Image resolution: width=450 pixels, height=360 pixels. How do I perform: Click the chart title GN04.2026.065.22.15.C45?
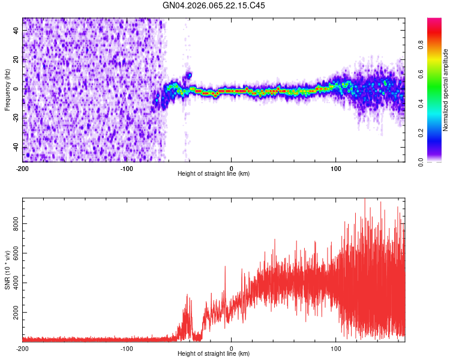click(214, 5)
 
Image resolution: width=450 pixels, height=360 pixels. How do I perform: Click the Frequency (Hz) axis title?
click(7, 90)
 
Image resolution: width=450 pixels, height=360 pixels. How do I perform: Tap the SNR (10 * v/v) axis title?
click(7, 269)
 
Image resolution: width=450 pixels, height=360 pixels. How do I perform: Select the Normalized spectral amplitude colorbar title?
click(446, 90)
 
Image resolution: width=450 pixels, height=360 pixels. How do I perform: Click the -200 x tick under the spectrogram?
click(23, 168)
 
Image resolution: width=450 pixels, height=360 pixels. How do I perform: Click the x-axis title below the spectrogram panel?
click(214, 174)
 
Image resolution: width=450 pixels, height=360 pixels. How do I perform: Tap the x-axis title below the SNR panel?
click(214, 354)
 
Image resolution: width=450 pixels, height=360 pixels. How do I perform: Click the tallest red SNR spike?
click(364, 200)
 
